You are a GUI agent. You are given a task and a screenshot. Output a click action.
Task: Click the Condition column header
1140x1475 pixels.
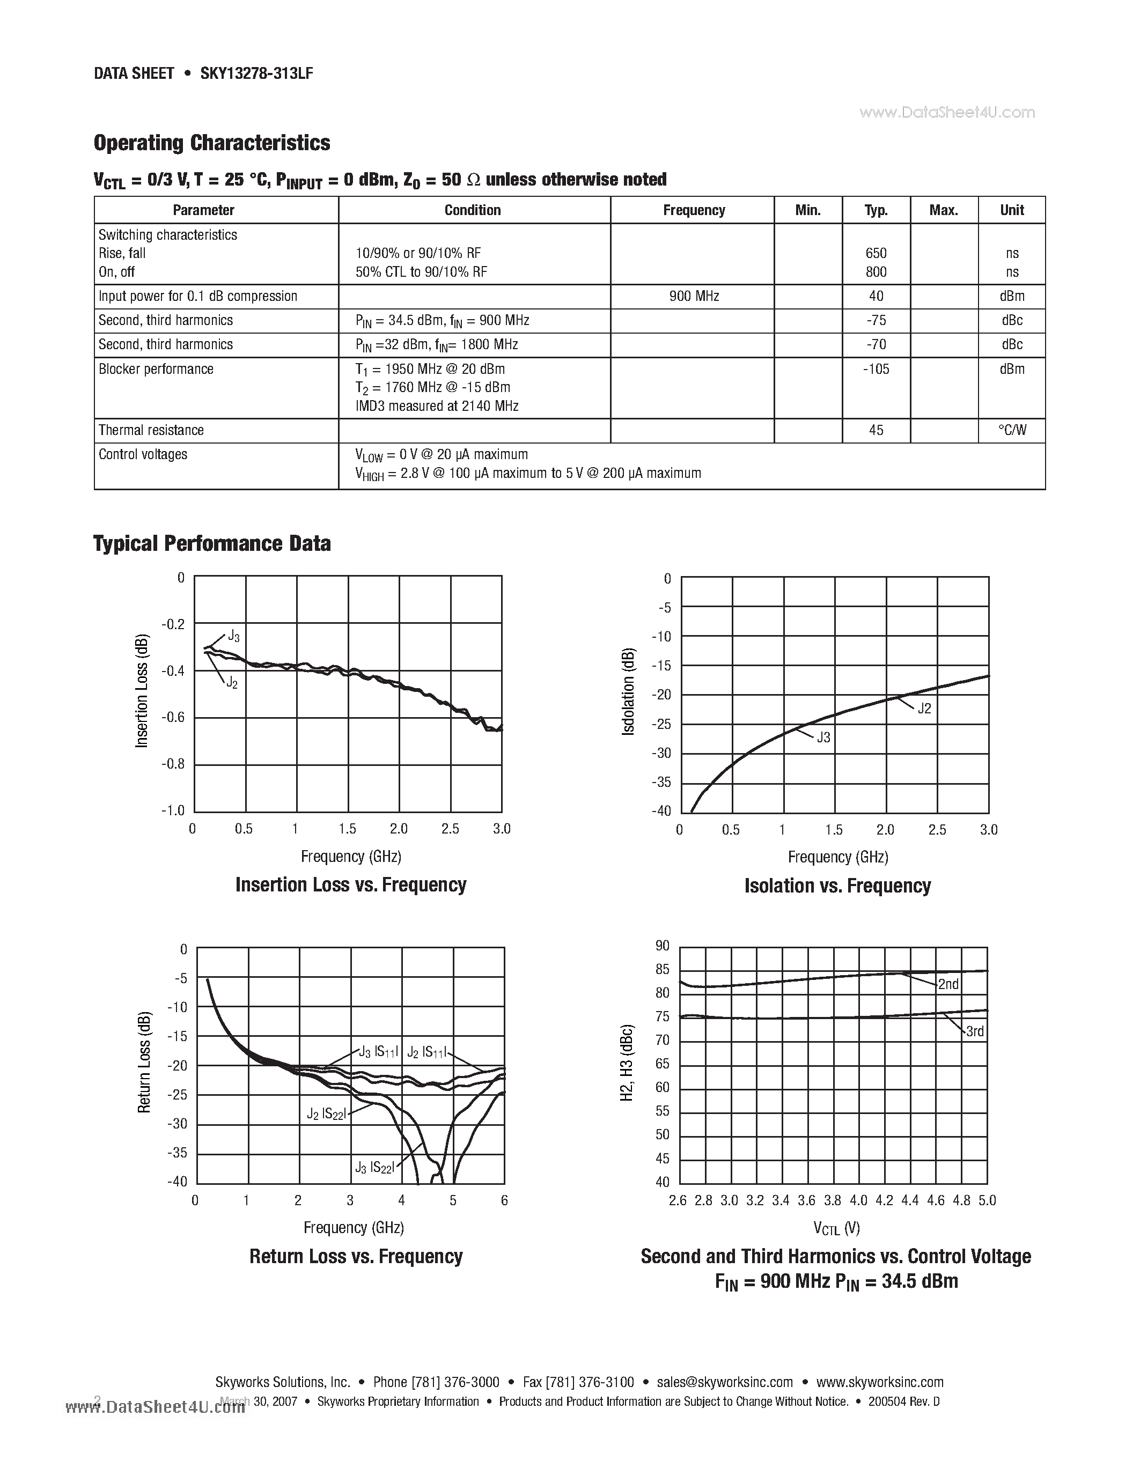(472, 210)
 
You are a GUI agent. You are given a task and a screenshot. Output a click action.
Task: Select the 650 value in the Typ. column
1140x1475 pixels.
(876, 253)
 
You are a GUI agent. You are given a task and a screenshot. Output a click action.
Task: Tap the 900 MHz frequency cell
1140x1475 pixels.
(694, 296)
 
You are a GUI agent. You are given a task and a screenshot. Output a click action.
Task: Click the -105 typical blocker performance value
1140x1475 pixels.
(876, 369)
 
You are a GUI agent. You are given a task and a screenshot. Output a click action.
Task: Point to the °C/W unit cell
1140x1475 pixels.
(1012, 430)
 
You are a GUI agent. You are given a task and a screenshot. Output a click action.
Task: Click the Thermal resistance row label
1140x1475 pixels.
(151, 430)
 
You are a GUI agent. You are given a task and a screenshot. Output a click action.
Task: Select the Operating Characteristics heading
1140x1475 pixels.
(211, 143)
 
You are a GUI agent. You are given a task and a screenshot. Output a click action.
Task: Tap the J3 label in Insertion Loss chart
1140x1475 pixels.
(233, 636)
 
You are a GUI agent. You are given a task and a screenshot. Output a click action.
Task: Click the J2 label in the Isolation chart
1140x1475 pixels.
(924, 708)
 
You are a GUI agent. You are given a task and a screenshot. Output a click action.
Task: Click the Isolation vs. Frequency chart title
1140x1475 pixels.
(837, 886)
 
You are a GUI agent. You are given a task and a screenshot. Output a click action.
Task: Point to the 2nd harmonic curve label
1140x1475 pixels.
(948, 984)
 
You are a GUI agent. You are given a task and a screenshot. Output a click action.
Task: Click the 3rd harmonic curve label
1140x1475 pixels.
(975, 1031)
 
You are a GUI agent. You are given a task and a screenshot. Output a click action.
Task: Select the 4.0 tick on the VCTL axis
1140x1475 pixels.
(858, 1200)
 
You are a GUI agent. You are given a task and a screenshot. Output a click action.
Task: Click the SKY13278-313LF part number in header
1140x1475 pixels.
(256, 73)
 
